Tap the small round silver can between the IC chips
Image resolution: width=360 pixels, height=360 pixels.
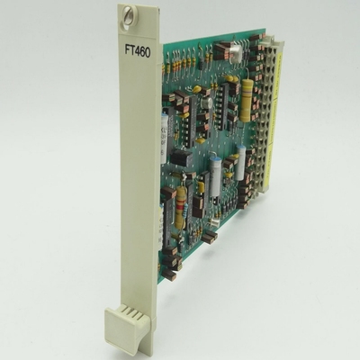click(x=205, y=103)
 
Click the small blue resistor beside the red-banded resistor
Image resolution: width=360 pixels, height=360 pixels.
click(x=201, y=192)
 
